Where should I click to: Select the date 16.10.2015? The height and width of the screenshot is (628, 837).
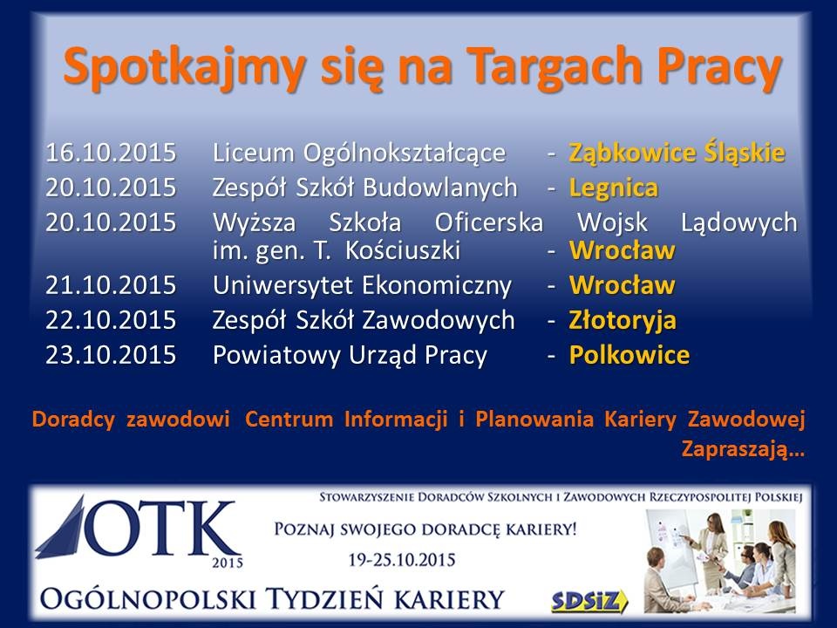111,153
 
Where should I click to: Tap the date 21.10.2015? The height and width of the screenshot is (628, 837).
111,285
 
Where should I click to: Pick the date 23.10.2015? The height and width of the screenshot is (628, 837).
111,355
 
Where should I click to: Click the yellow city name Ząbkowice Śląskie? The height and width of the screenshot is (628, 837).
677,154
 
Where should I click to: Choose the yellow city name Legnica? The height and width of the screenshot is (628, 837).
613,188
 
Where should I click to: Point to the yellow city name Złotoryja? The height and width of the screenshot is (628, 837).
623,321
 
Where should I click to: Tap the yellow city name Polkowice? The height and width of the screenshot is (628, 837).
629,355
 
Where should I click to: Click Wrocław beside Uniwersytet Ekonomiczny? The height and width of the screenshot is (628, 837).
623,285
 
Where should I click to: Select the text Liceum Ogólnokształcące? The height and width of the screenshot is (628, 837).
358,154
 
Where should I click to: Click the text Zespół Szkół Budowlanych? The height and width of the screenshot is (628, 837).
364,188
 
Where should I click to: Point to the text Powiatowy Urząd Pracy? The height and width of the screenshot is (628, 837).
350,356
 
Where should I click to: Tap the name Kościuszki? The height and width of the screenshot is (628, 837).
403,250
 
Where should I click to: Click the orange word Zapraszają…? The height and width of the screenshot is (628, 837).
743,450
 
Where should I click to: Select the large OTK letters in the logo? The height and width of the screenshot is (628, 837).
160,529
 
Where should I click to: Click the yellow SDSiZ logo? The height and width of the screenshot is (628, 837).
589,601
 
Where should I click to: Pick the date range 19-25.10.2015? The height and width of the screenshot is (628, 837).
402,560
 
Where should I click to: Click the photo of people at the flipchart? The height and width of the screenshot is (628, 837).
720,561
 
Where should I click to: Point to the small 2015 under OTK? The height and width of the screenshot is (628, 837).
228,563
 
